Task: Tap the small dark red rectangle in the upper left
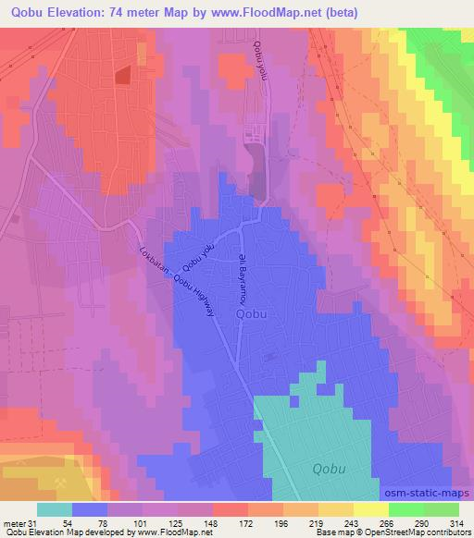pos(123,77)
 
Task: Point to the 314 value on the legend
pos(455,522)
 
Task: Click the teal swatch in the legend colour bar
pos(56,509)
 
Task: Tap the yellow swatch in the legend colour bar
pos(369,509)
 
